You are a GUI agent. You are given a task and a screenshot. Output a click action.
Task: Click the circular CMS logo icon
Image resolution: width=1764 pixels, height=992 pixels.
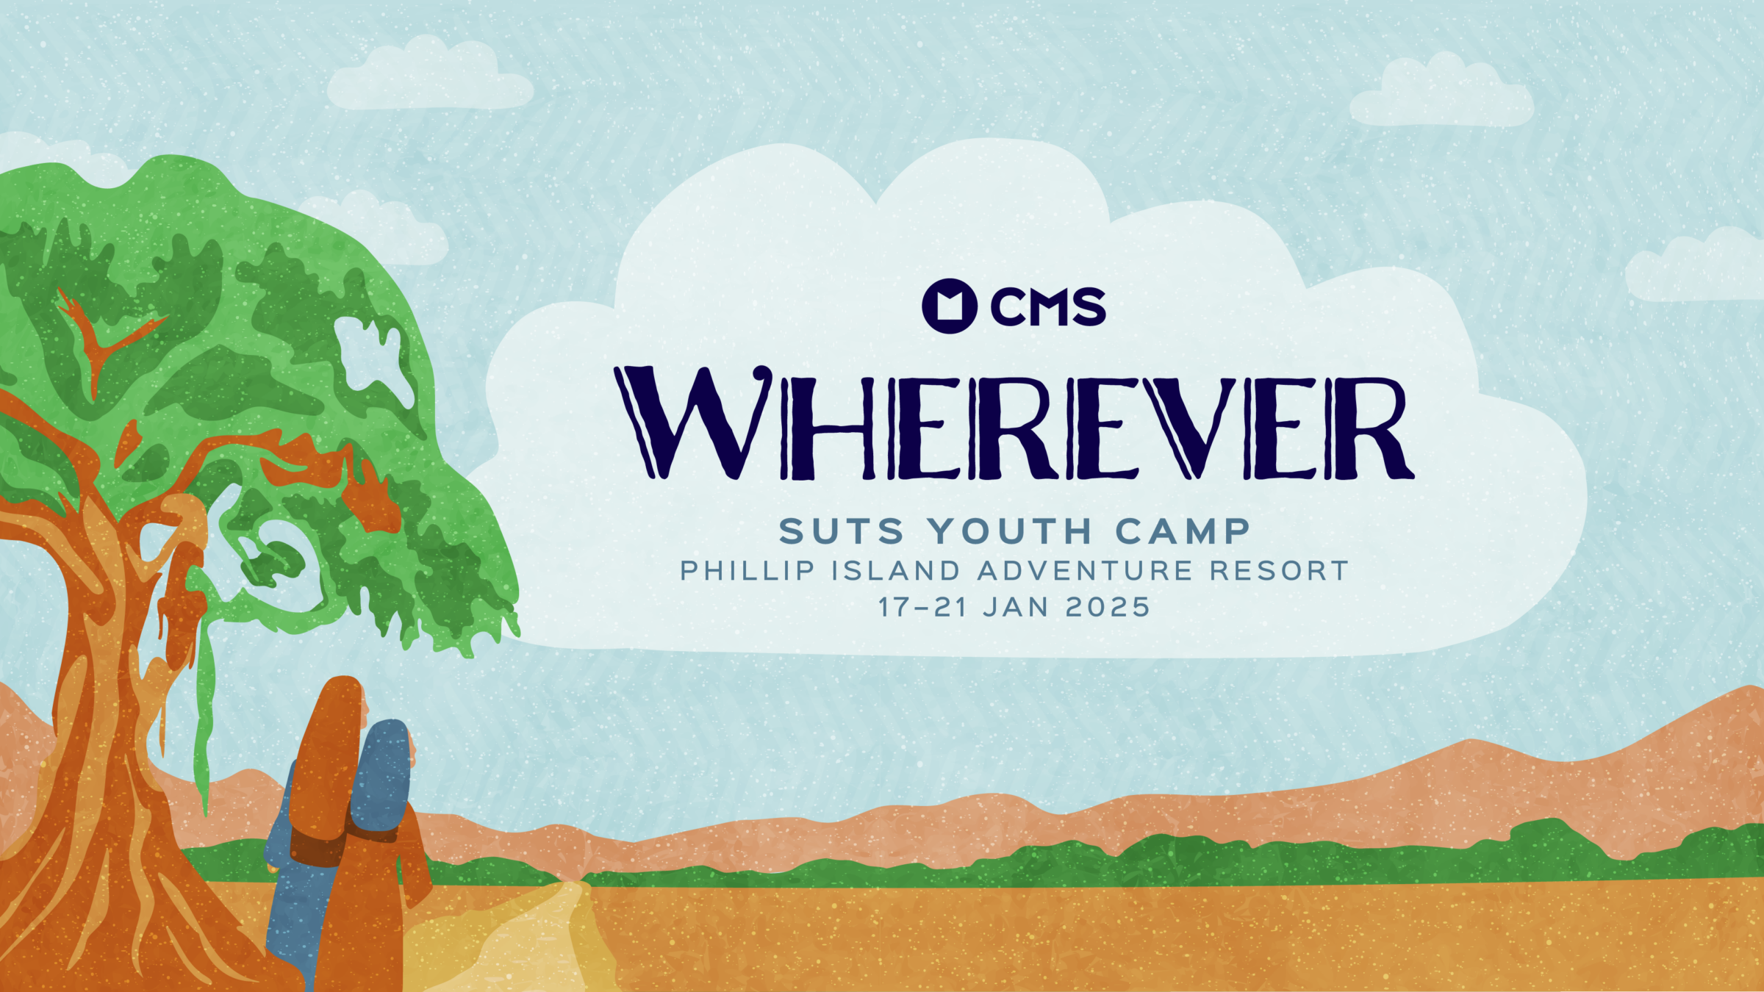[950, 306]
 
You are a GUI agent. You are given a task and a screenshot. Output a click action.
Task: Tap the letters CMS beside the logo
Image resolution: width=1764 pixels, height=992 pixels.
[1048, 307]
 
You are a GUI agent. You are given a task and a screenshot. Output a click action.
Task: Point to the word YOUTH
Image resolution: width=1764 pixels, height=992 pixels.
[1009, 531]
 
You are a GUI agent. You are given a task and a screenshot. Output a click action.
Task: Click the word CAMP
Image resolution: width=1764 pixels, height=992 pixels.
[1183, 531]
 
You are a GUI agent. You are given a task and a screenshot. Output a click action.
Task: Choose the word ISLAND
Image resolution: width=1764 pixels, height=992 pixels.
[896, 571]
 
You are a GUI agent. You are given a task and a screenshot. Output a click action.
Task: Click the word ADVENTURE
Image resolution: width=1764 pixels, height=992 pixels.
[1085, 571]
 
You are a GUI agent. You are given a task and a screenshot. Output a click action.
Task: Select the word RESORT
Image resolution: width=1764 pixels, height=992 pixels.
[1280, 571]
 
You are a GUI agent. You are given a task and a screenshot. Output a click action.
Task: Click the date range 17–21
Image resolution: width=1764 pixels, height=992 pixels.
[922, 608]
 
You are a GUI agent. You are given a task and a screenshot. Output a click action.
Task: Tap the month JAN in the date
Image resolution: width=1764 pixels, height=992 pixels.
[1016, 608]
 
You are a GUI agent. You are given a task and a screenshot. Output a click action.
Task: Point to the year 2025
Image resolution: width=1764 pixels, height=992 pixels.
[1108, 608]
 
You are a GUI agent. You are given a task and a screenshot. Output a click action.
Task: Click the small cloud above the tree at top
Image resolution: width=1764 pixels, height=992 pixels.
[430, 73]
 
